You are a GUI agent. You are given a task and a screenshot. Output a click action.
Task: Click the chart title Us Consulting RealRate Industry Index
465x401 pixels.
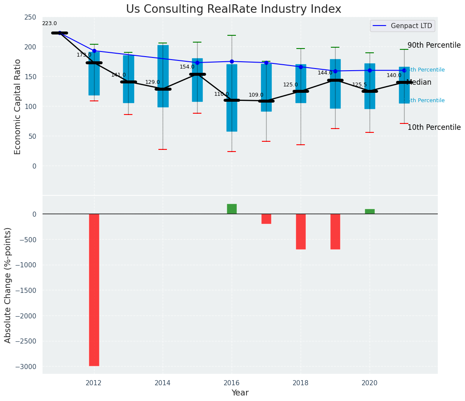click(x=233, y=9)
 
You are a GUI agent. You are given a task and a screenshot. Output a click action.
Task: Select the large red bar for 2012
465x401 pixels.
click(x=94, y=289)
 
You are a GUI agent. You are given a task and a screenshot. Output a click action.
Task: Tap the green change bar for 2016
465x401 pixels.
click(x=232, y=209)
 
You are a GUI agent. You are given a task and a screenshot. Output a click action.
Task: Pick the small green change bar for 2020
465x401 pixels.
click(x=370, y=212)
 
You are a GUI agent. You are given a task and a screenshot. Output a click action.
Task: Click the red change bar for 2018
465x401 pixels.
click(x=301, y=231)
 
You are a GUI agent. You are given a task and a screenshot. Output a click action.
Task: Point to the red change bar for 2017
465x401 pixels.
click(x=266, y=219)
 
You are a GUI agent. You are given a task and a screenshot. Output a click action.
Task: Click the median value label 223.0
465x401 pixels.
click(x=49, y=23)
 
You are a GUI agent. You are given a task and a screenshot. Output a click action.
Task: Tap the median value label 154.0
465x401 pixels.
click(x=187, y=67)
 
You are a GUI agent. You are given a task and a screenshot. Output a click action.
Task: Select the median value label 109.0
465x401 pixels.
click(x=256, y=95)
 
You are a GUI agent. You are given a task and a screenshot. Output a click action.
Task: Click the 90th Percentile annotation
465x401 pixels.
click(x=434, y=45)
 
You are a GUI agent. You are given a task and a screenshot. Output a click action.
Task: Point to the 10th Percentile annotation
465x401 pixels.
click(x=434, y=127)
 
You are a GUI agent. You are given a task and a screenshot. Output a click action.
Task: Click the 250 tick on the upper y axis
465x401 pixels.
click(x=30, y=17)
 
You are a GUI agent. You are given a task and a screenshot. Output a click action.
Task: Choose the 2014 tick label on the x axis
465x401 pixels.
click(x=163, y=383)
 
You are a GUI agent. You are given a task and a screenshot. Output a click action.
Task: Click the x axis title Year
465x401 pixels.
click(x=240, y=392)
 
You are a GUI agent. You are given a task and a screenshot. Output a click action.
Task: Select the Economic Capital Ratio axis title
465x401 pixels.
click(x=18, y=106)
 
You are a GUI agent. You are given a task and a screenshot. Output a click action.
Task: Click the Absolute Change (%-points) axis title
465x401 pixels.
click(x=8, y=285)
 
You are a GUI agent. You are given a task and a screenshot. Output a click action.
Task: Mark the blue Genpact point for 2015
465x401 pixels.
click(x=197, y=63)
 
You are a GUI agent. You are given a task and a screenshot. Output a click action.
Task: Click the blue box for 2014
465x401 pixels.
click(x=163, y=76)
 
